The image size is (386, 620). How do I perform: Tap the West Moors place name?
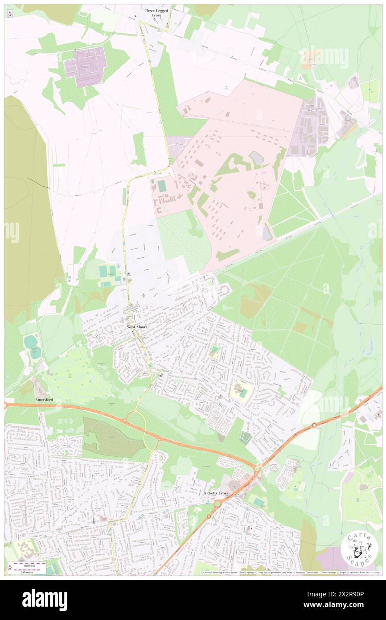coord(137,327)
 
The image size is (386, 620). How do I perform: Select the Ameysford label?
coord(44,400)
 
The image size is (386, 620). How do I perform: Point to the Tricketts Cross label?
coord(215,493)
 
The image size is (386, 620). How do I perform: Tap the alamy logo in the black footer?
coord(45,599)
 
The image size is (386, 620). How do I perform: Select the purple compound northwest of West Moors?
coord(85,66)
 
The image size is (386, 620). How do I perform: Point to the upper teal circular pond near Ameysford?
coord(30,342)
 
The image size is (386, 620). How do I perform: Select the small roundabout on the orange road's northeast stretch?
coord(314,425)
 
